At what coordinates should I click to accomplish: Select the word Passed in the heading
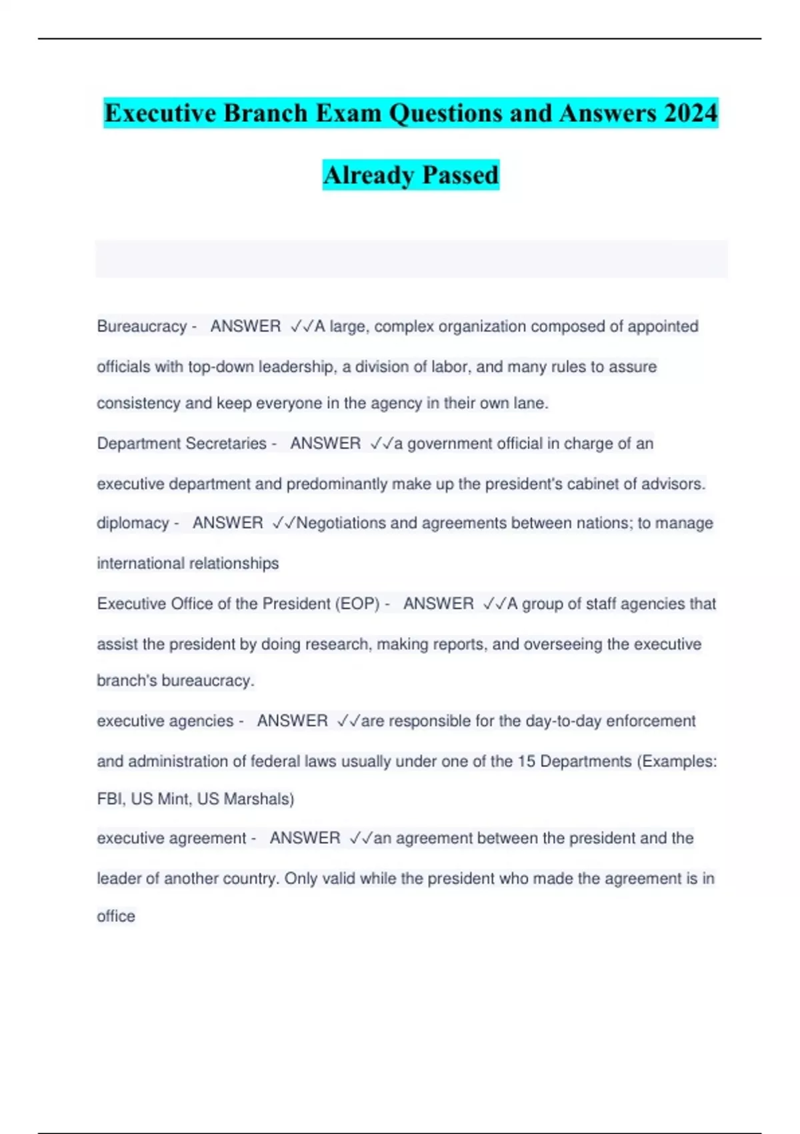coord(460,175)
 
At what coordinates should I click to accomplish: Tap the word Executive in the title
coord(160,113)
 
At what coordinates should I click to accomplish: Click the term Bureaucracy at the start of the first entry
coord(141,326)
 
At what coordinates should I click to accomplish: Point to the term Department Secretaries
coord(181,444)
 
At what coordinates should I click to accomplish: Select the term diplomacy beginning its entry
coord(133,523)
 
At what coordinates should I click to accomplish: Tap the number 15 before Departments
coord(526,761)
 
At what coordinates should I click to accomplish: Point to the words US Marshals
coord(245,798)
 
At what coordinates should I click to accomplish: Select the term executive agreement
coord(171,838)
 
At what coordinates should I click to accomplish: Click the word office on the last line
coord(116,916)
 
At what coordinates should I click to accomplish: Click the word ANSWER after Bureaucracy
coord(245,326)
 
